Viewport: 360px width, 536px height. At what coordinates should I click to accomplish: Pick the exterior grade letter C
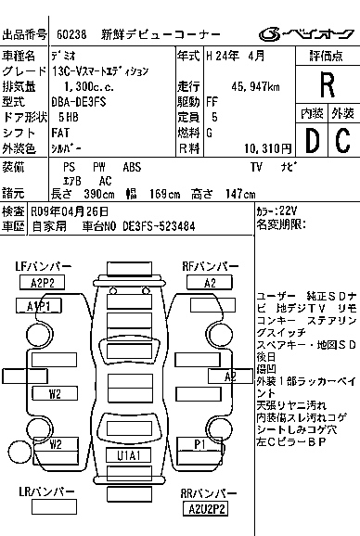click(x=341, y=140)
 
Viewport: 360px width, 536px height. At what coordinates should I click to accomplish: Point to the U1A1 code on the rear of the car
click(x=128, y=456)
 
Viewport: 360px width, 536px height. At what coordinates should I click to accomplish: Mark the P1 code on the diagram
click(x=199, y=444)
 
